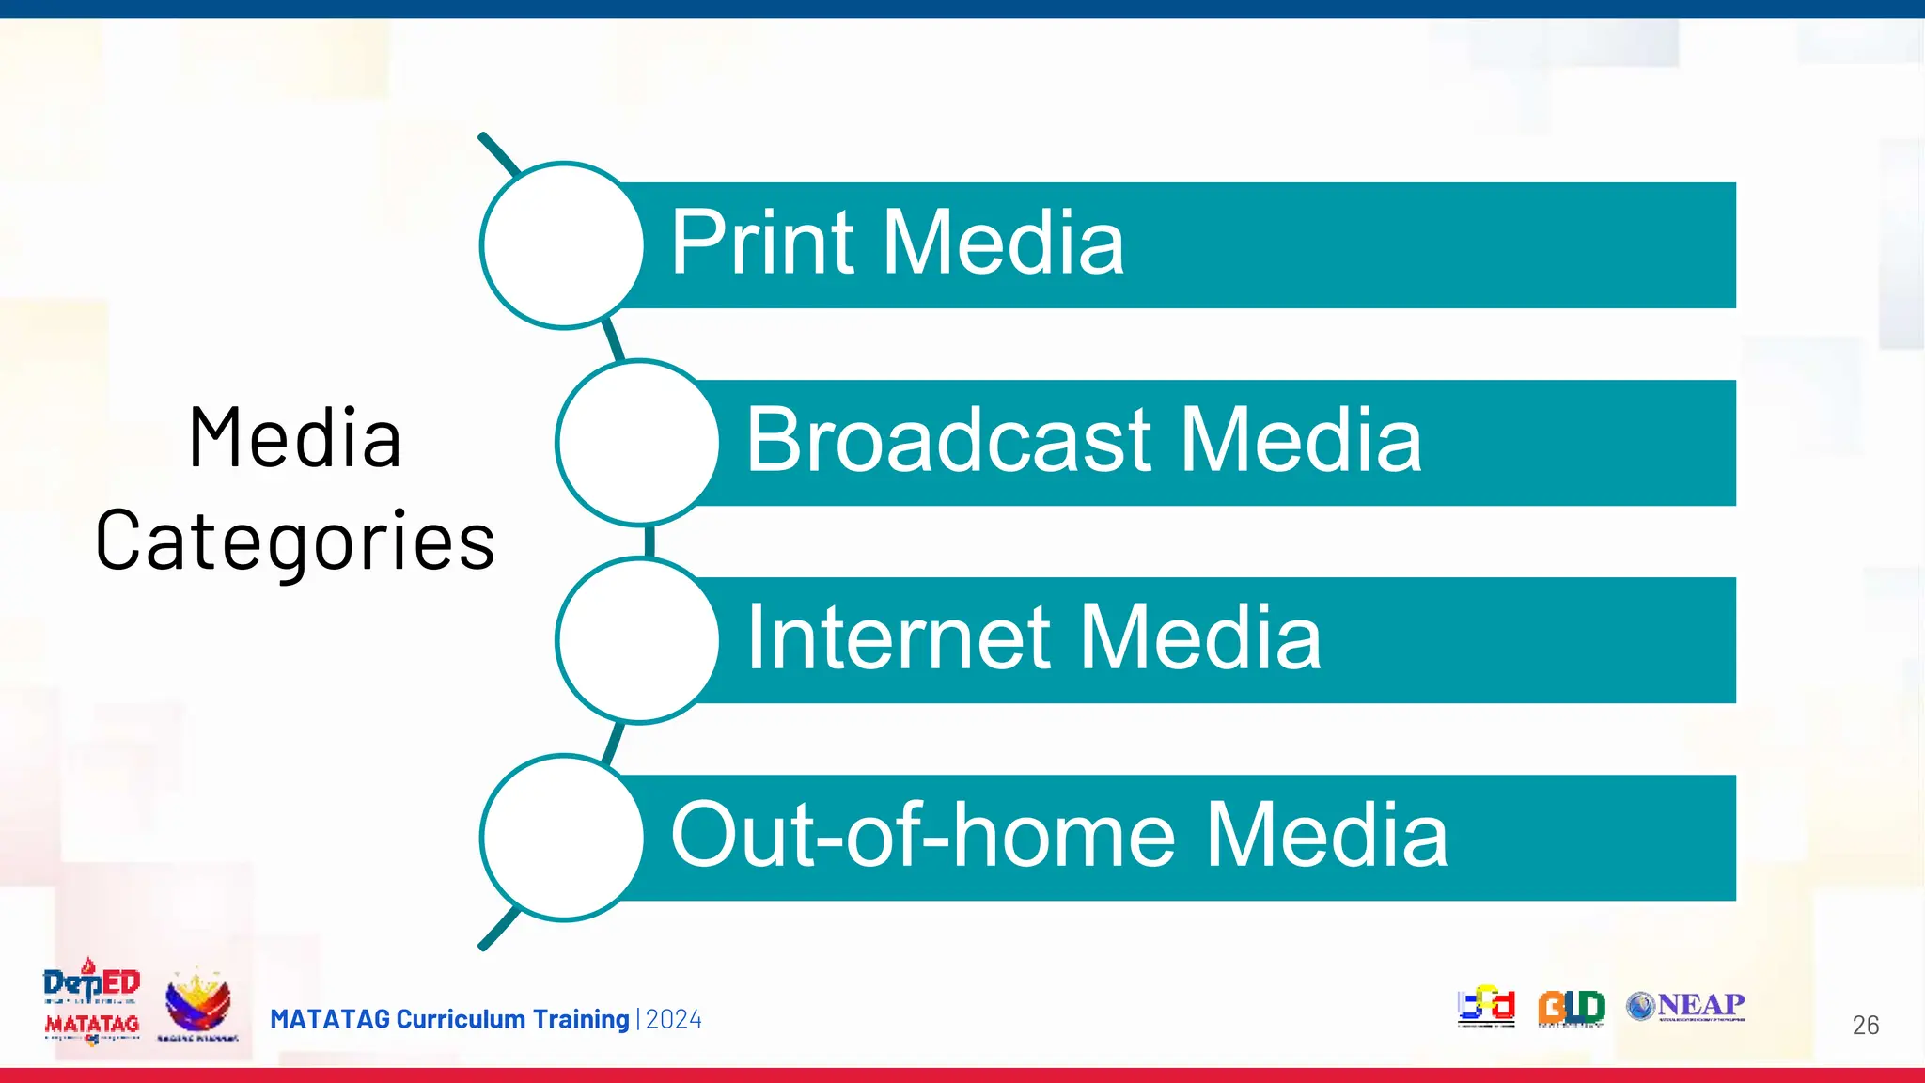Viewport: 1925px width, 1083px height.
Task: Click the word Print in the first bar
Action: pyautogui.click(x=761, y=243)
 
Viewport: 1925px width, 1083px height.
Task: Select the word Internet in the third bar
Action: pyautogui.click(x=899, y=638)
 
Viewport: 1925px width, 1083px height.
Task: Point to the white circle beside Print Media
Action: pyautogui.click(x=562, y=245)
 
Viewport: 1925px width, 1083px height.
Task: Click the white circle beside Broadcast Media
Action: pyautogui.click(x=638, y=443)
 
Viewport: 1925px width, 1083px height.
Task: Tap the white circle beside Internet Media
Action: pyautogui.click(x=638, y=640)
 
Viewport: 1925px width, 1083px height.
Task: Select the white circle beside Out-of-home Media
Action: pyautogui.click(x=562, y=838)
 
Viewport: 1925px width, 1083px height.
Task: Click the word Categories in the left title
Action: pyautogui.click(x=295, y=542)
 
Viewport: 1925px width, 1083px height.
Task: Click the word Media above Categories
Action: pyautogui.click(x=295, y=438)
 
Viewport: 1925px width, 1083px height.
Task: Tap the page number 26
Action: pyautogui.click(x=1865, y=1025)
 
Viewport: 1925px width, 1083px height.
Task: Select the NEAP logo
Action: pyautogui.click(x=1686, y=1006)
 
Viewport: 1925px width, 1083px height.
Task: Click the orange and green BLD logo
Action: pyautogui.click(x=1571, y=1008)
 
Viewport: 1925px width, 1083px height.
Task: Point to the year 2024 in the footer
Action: pyautogui.click(x=673, y=1019)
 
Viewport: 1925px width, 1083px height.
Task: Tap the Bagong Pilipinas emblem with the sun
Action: pyautogui.click(x=197, y=1004)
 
